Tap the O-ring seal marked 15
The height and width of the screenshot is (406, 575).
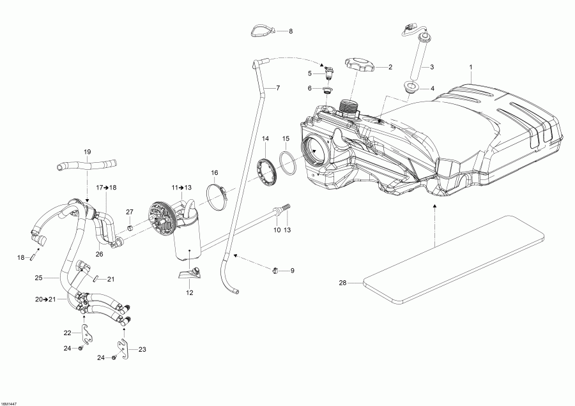point(289,163)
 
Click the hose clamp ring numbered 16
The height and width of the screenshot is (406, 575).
point(218,195)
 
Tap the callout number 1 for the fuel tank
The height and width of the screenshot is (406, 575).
point(471,67)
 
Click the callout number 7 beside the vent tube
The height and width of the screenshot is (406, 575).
point(278,87)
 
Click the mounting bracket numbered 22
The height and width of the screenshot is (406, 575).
point(86,333)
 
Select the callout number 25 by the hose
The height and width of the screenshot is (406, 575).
point(38,278)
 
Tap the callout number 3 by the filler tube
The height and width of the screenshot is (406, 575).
point(431,67)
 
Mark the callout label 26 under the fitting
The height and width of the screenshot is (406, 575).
point(99,254)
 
